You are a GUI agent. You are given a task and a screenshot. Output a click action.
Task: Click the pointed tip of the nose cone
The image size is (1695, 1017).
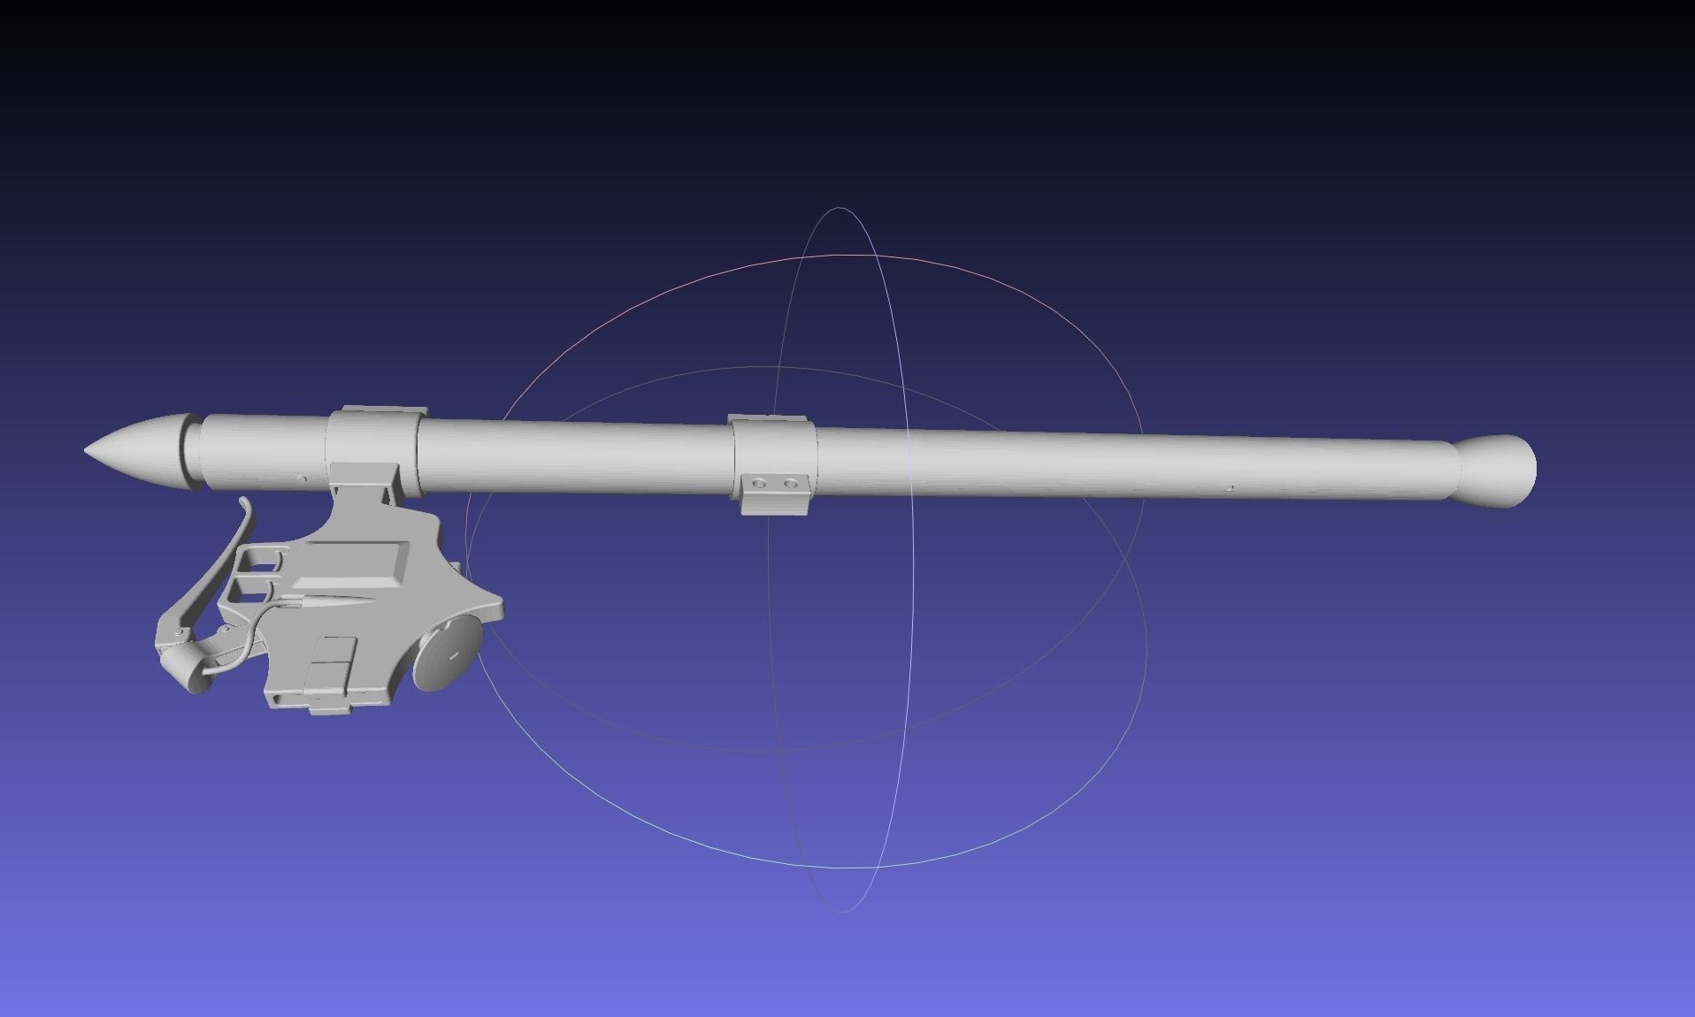[x=88, y=450]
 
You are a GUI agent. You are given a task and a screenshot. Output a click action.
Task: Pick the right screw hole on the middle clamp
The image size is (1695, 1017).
[x=789, y=484]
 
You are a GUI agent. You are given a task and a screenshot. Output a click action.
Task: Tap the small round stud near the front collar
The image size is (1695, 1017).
[x=302, y=478]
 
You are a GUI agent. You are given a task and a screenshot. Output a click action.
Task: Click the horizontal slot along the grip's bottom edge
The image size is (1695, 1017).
[x=292, y=700]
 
